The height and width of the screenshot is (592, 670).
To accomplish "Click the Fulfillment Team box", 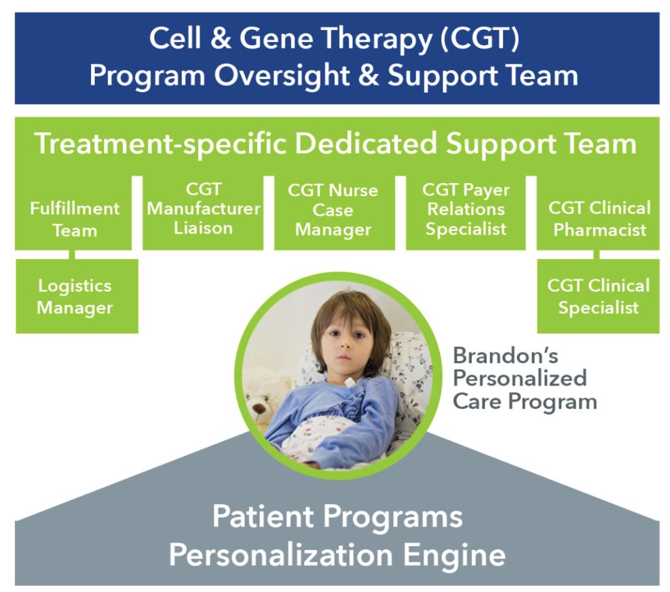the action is (x=73, y=213).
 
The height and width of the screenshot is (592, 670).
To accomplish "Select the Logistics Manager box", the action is (x=77, y=296).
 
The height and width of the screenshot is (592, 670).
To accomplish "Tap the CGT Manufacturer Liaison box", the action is (x=203, y=213).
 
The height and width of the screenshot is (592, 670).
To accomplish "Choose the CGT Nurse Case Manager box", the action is (x=334, y=213).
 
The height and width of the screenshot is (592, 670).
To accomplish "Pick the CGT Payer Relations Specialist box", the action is (x=466, y=213).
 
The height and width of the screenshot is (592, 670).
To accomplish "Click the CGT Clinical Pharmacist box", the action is (x=598, y=213).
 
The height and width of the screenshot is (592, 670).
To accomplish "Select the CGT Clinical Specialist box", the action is (x=598, y=296).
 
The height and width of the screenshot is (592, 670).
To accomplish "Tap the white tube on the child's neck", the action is (x=349, y=382).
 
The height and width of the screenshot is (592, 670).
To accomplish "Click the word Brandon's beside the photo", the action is (x=506, y=355).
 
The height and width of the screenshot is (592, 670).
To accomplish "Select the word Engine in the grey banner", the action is (x=454, y=555).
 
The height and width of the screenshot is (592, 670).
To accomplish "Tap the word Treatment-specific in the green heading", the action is (x=160, y=145).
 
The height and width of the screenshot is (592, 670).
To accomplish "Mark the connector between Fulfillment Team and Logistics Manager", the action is (x=72, y=254).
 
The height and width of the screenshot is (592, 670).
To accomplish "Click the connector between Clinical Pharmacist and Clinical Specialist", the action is (x=597, y=254).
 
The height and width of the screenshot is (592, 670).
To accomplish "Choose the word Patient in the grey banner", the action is (x=263, y=516).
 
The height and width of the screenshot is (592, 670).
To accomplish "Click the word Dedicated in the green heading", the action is (x=366, y=143).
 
